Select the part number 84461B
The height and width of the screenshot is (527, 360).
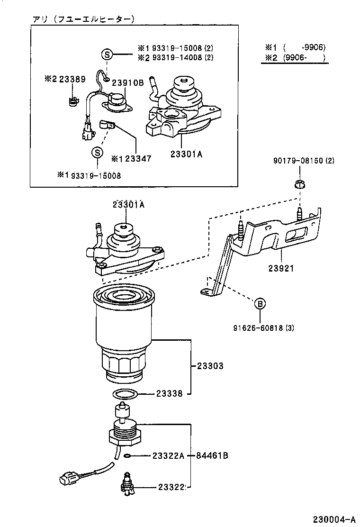213,456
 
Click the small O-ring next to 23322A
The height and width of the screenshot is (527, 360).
127,456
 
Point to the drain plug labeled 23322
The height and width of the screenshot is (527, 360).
127,485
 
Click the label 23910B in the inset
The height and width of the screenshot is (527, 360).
127,82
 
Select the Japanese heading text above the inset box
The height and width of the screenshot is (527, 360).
83,19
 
